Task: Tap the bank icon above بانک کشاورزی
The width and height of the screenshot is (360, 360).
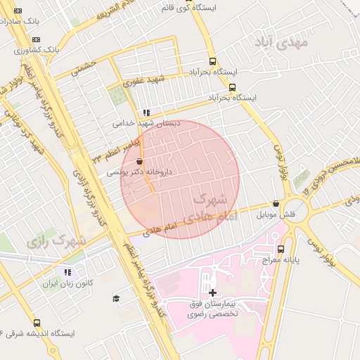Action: pos(37,39)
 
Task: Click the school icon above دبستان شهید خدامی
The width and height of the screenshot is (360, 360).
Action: pos(146,112)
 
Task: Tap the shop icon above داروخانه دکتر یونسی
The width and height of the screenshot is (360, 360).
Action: pos(139,161)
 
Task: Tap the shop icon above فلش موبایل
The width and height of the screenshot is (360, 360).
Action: pos(275,203)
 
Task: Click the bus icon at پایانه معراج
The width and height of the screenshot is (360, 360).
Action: pos(281,249)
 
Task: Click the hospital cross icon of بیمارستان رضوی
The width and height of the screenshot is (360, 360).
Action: pos(212,292)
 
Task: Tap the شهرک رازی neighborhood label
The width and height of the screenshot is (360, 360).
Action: pos(56,240)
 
